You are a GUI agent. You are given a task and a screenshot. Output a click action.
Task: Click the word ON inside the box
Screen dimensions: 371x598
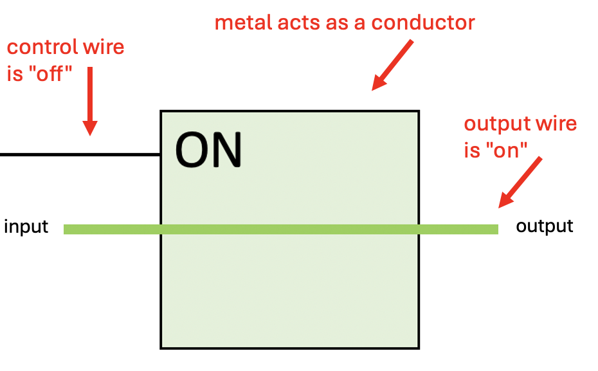(208, 150)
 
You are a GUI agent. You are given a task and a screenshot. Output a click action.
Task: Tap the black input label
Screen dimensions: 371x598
(26, 227)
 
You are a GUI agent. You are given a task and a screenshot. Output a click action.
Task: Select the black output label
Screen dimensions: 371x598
(544, 226)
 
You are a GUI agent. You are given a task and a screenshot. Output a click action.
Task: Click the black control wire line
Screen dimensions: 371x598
(77, 154)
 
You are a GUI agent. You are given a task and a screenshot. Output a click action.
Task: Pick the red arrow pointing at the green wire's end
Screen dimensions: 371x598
(520, 183)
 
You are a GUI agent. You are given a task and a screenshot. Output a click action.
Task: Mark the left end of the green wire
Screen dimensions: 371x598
(66, 229)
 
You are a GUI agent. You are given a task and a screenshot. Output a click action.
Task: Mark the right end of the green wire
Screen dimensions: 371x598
(496, 229)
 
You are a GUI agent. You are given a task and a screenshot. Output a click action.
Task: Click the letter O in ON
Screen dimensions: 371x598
(192, 150)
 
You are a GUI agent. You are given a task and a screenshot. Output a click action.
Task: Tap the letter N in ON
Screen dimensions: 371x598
(226, 150)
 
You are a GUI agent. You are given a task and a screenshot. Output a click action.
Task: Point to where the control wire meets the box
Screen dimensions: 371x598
(160, 154)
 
